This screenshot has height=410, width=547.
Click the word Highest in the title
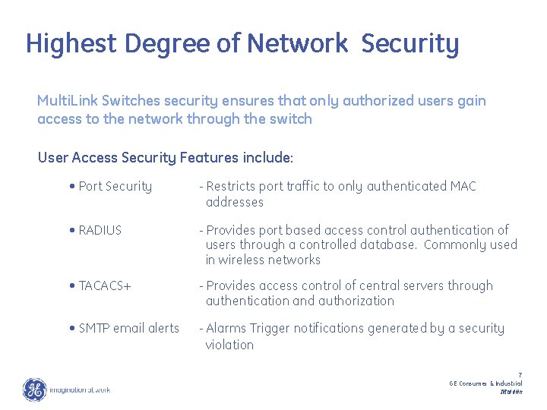pyautogui.click(x=71, y=44)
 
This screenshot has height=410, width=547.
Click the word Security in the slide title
pyautogui.click(x=410, y=44)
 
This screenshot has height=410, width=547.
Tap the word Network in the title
pyautogui.click(x=297, y=44)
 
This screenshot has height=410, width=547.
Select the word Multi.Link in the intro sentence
pyautogui.click(x=68, y=101)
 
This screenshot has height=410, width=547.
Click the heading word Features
pyautogui.click(x=210, y=158)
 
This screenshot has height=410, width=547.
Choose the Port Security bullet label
pyautogui.click(x=115, y=187)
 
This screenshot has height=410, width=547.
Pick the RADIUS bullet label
pyautogui.click(x=100, y=230)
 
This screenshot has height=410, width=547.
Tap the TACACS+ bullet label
pyautogui.click(x=105, y=286)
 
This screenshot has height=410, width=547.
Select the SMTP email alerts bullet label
pyautogui.click(x=129, y=329)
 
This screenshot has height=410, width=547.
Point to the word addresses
pyautogui.click(x=235, y=203)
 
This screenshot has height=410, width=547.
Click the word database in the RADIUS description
pyautogui.click(x=389, y=245)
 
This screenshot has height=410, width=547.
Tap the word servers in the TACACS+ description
pyautogui.click(x=424, y=286)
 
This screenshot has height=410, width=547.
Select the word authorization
pyautogui.click(x=357, y=301)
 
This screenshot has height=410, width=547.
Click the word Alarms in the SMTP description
pyautogui.click(x=226, y=329)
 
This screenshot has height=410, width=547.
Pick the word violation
pyautogui.click(x=229, y=345)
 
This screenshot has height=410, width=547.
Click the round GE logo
pyautogui.click(x=34, y=389)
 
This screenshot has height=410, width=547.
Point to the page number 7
pyautogui.click(x=520, y=375)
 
